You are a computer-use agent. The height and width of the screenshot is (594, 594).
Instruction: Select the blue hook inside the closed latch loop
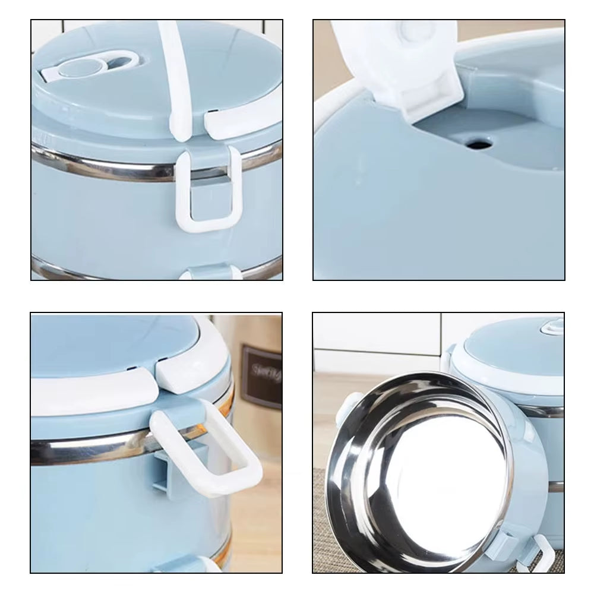pyautogui.click(x=208, y=199)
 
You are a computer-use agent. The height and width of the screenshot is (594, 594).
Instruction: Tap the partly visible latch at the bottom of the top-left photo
pyautogui.click(x=211, y=273)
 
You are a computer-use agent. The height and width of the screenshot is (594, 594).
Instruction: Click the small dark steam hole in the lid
pyautogui.click(x=477, y=143)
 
